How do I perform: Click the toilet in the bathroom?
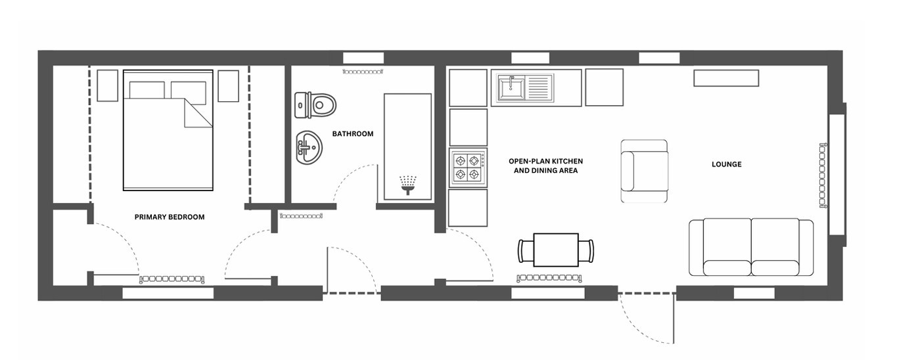[315, 105]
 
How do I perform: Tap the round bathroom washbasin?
[309, 148]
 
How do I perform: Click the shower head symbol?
[407, 185]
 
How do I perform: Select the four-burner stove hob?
[468, 168]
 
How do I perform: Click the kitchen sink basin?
[511, 87]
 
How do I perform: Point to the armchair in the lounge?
[644, 171]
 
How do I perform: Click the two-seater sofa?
[751, 247]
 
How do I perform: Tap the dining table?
[556, 250]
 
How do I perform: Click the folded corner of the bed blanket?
[198, 113]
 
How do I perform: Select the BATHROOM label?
[353, 134]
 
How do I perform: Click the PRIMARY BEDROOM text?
[170, 217]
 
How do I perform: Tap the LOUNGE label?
[726, 164]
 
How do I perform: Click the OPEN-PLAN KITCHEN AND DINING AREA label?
[546, 166]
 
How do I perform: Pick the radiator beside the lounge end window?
[823, 175]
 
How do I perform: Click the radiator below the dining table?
[549, 277]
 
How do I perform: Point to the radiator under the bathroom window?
[363, 72]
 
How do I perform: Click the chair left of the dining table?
[526, 251]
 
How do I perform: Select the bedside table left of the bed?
[108, 85]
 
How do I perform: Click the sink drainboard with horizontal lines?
[539, 87]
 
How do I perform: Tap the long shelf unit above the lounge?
[726, 78]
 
